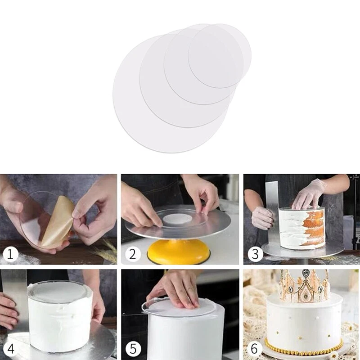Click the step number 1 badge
[11, 255]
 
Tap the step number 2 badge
[132, 254]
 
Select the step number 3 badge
[255, 254]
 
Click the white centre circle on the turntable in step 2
[177, 220]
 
